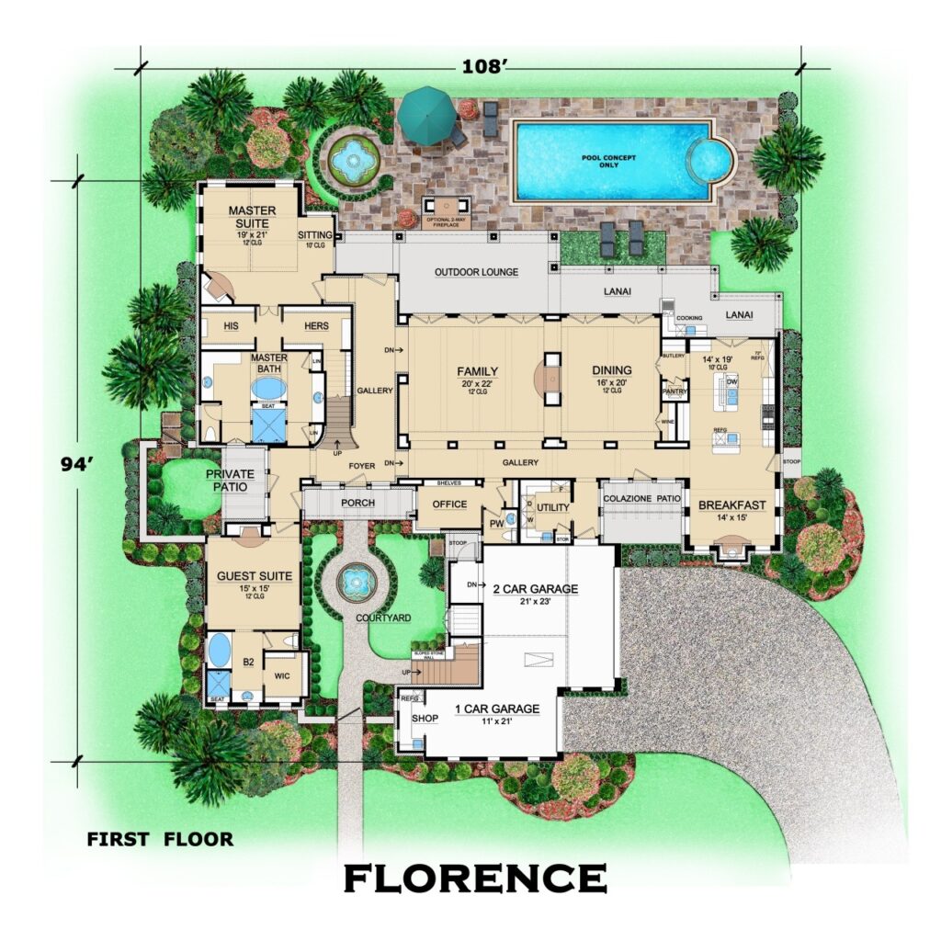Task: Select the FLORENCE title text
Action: [x=475, y=878]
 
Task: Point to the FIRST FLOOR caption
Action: [x=160, y=838]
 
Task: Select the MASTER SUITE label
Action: [x=253, y=217]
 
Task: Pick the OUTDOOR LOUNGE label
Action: [x=477, y=272]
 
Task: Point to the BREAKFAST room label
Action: [x=732, y=505]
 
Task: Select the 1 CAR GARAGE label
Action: [x=497, y=709]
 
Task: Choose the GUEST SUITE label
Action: [x=255, y=576]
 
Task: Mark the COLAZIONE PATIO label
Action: [x=641, y=497]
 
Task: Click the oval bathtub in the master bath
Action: [x=269, y=389]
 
